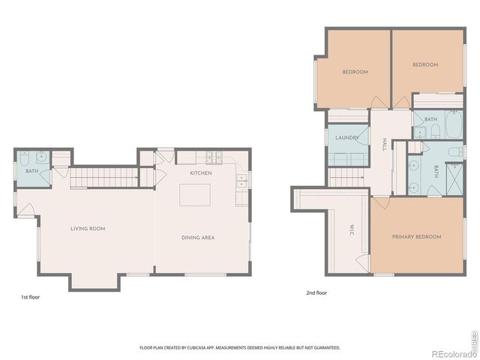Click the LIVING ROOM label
pyautogui.click(x=87, y=228)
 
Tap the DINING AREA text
pyautogui.click(x=198, y=238)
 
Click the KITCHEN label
pyautogui.click(x=200, y=173)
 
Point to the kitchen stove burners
pyautogui.click(x=214, y=158)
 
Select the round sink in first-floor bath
pyautogui.click(x=42, y=157)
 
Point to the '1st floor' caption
pyautogui.click(x=31, y=298)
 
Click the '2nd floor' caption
pyautogui.click(x=316, y=293)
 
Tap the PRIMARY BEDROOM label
pyautogui.click(x=416, y=237)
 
